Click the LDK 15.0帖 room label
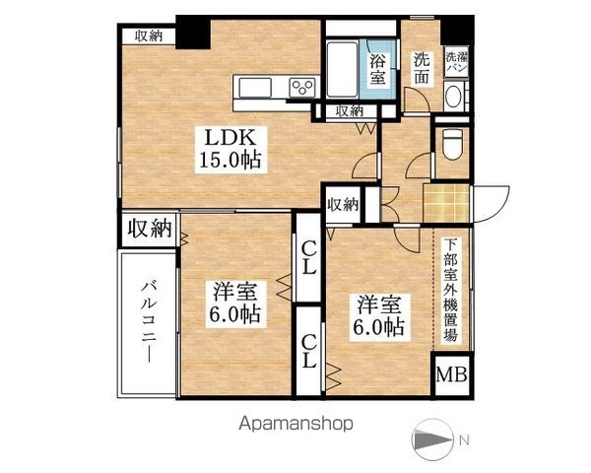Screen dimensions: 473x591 pyautogui.click(x=232, y=147)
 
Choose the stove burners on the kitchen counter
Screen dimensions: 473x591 pyautogui.click(x=299, y=89)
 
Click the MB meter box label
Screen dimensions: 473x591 pyautogui.click(x=452, y=375)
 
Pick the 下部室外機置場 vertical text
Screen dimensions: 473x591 pyautogui.click(x=450, y=290)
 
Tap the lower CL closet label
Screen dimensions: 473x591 pyautogui.click(x=308, y=351)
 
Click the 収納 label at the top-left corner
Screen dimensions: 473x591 pyautogui.click(x=149, y=36)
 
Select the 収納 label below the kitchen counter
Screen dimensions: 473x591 pyautogui.click(x=348, y=111)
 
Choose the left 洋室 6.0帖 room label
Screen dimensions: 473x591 pyautogui.click(x=232, y=304)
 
